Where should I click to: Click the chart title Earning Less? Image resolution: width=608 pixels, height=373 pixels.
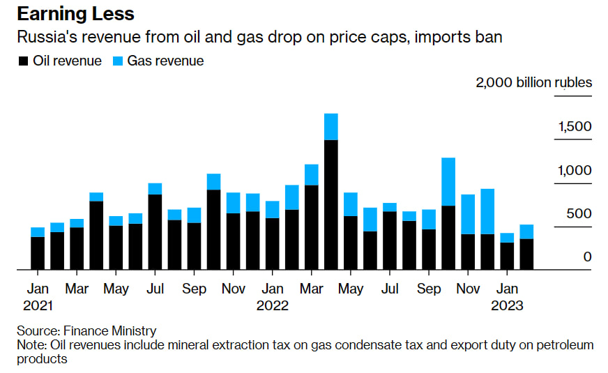(76, 14)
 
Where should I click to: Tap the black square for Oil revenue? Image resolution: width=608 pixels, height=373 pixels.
(22, 61)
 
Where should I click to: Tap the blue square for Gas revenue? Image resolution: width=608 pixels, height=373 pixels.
(116, 61)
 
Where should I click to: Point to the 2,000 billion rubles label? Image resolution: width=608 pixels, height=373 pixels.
(533, 82)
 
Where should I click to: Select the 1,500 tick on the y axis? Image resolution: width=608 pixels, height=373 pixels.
(575, 127)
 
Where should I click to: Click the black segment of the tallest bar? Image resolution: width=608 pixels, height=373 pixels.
(331, 204)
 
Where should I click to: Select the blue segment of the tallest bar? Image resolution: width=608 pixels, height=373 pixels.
(331, 127)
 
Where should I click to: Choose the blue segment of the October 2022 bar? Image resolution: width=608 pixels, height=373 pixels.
(448, 181)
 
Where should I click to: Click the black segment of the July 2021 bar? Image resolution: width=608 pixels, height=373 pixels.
(155, 231)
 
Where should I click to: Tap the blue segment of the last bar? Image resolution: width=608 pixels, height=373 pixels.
(526, 231)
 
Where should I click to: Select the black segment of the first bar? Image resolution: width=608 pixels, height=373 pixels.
(38, 253)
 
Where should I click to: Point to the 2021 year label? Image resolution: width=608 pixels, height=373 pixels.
(38, 305)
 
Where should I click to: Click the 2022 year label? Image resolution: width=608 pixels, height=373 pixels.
(273, 305)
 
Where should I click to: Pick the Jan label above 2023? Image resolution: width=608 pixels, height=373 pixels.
(507, 289)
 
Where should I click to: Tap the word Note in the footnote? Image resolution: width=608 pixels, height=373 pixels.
(30, 345)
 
